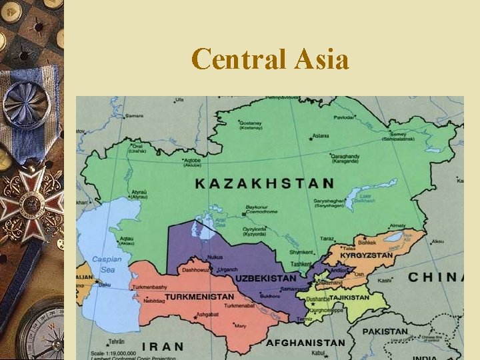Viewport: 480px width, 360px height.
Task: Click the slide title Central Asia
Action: [x=269, y=60]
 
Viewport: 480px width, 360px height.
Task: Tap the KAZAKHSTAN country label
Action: [x=265, y=183]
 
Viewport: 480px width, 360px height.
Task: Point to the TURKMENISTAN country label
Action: [x=199, y=297]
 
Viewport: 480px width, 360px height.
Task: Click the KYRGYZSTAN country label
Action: [x=367, y=255]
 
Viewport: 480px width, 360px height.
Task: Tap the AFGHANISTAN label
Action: [x=305, y=343]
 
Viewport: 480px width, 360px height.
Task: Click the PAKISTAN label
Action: [x=385, y=331]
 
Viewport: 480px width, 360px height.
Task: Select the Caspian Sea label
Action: [x=107, y=263]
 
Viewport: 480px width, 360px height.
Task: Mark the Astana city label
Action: [x=321, y=136]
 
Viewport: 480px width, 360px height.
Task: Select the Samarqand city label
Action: [x=293, y=289]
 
